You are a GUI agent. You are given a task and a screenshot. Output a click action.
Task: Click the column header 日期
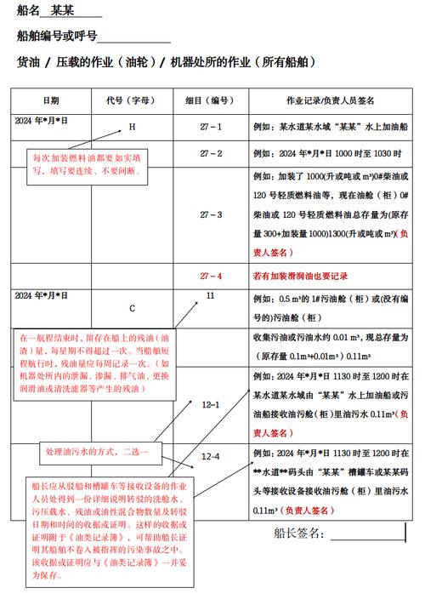(51, 100)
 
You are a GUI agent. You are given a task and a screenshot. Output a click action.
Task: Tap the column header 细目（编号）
(210, 100)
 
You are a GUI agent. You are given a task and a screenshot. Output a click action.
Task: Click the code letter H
(132, 127)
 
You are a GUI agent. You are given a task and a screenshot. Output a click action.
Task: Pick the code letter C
(132, 307)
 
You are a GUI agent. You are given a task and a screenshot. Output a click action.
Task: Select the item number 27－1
(210, 127)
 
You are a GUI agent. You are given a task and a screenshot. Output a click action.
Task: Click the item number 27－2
(210, 153)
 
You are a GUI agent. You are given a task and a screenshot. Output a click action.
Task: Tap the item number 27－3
(210, 214)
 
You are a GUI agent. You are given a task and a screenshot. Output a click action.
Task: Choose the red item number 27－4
(210, 276)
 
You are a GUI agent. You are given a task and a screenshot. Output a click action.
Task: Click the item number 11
(210, 295)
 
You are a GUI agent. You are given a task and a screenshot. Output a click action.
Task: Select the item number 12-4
(210, 457)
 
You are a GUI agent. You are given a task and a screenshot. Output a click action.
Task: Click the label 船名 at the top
(31, 12)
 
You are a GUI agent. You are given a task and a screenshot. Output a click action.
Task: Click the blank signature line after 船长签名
(368, 536)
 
